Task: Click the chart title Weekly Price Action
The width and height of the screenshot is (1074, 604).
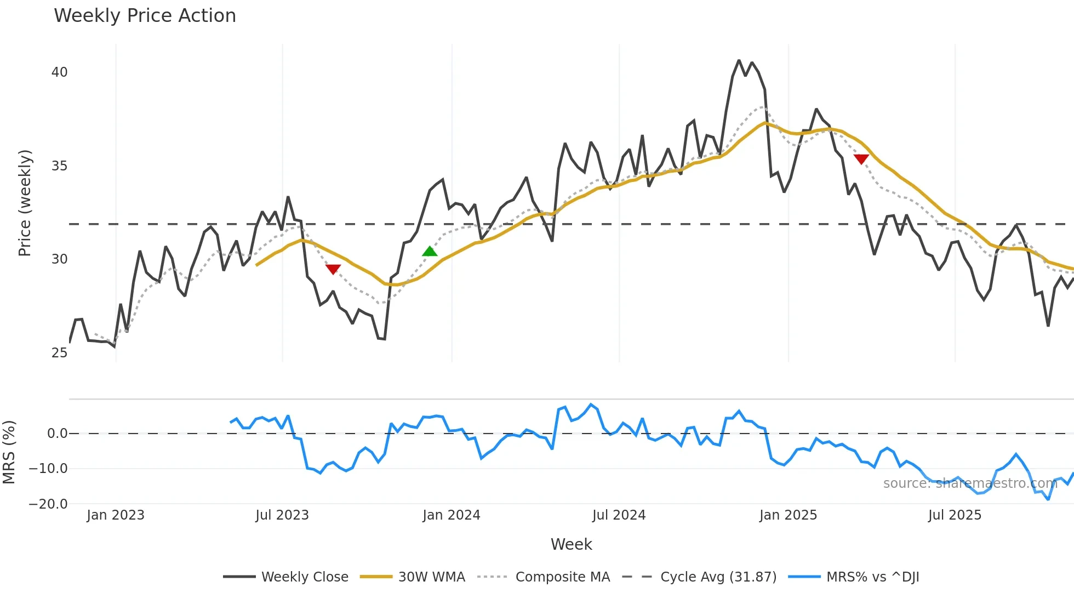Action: coord(145,15)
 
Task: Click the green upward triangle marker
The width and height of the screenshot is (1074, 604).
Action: coord(430,252)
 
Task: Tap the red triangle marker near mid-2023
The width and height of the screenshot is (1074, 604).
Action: coord(333,269)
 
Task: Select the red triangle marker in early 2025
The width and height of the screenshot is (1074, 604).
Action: coord(861,159)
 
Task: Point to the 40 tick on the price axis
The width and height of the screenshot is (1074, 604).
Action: coord(59,72)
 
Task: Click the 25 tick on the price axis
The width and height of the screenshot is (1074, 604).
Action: coord(59,353)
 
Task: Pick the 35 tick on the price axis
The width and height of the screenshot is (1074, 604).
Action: coord(59,166)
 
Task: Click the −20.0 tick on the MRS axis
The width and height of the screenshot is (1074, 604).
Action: coord(48,504)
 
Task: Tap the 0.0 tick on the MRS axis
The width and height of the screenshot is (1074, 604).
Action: coord(57,434)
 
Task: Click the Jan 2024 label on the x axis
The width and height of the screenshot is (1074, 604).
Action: coord(451,515)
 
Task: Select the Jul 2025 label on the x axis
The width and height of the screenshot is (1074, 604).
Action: coord(955,515)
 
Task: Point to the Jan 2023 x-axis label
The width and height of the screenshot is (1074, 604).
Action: coord(116,515)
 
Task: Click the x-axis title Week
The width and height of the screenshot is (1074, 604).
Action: coord(571,544)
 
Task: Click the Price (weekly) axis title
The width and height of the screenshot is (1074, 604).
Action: coord(25,203)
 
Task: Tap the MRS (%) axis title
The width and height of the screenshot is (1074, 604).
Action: coord(9,452)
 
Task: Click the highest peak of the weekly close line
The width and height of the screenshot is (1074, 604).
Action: coord(739,61)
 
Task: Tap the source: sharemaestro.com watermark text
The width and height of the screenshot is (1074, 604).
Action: coord(970,483)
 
